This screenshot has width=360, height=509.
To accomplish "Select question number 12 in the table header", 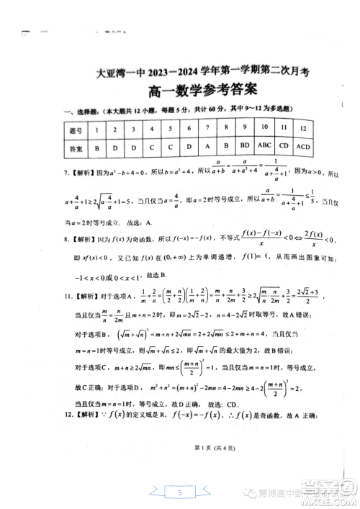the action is [303, 128].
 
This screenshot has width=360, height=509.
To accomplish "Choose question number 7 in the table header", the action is [189, 128].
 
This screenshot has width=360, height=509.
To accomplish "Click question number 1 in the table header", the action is [96, 129].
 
